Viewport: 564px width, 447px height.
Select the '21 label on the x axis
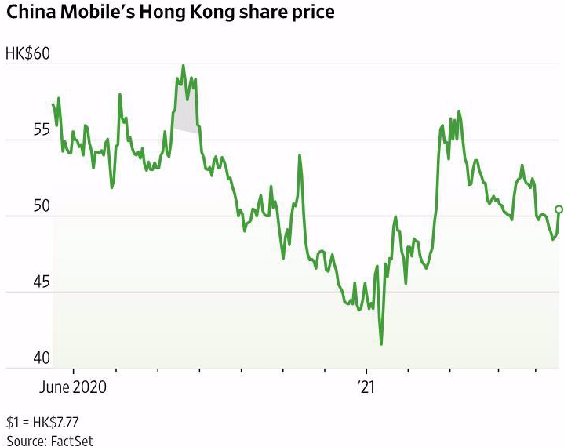366,387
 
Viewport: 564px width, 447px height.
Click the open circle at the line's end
559,209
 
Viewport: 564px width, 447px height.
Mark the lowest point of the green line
381,343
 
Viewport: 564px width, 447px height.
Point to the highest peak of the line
184,66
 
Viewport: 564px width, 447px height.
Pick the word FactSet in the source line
71,441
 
